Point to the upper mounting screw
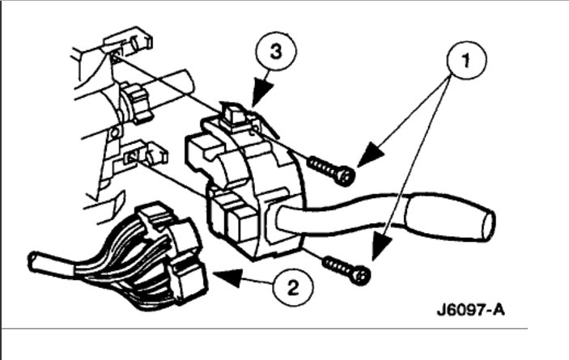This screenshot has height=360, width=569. [332, 170]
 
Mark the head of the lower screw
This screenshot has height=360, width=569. [362, 275]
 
